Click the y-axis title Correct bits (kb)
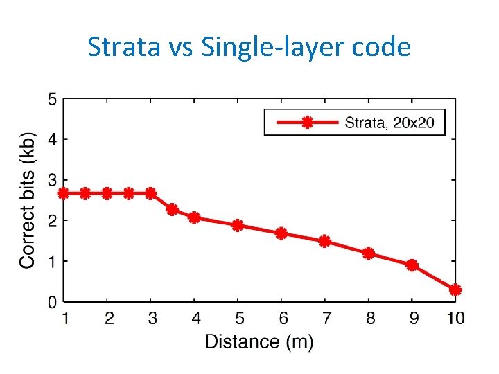27,199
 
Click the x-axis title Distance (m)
259,341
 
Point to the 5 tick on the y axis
52,98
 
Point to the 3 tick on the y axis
52,180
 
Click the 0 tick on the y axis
52,302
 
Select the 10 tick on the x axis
455,318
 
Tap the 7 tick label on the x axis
324,318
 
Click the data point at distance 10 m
455,290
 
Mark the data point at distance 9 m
412,265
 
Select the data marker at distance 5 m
238,225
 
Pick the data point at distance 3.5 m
173,209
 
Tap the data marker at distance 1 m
64,193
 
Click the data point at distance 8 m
368,253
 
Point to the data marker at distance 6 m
281,233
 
